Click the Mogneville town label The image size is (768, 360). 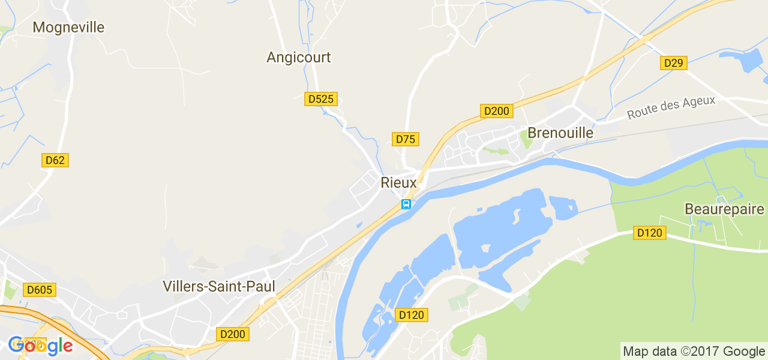68,28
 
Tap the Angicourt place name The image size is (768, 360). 298,58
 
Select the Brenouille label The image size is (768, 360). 560,133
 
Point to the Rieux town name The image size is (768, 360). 398,182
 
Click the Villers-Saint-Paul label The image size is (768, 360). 219,287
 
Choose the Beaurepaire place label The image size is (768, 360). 725,209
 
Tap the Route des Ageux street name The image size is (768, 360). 671,107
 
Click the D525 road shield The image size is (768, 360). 321,99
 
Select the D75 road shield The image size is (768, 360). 406,139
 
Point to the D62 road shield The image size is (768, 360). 55,160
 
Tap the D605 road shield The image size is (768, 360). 40,290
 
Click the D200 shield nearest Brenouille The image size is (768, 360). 496,111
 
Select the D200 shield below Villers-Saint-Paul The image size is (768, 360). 233,334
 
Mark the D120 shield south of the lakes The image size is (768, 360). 412,315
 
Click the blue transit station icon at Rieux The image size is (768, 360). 406,204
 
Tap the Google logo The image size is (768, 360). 40,346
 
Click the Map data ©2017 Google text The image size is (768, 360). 693,351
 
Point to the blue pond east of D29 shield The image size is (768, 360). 742,61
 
